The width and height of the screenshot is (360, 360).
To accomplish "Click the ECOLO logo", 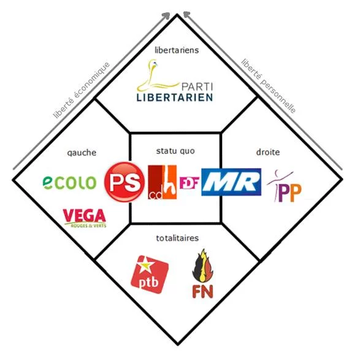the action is [x=69, y=183].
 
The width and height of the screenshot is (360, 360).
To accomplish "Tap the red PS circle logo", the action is [x=124, y=182].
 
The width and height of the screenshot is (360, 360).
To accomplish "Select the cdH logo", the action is [x=163, y=182].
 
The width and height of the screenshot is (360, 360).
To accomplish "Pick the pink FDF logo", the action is [x=189, y=183].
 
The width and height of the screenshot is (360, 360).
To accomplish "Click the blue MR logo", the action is [x=231, y=182].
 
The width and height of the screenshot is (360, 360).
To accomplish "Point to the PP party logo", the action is [x=284, y=186].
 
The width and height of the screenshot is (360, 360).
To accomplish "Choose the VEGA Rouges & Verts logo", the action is [x=85, y=218].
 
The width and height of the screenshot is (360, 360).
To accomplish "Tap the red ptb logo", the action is [x=150, y=274].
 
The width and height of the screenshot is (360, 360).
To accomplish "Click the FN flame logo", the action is [x=203, y=274].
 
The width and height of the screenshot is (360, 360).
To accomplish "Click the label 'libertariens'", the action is [x=177, y=50].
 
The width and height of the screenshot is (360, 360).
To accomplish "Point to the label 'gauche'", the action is [x=82, y=153].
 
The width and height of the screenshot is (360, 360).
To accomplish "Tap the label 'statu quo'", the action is [x=175, y=151].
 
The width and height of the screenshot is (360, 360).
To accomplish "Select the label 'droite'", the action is [x=268, y=152].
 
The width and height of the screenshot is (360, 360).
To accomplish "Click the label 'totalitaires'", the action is [x=177, y=238].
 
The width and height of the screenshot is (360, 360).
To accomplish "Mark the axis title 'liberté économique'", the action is [x=82, y=90].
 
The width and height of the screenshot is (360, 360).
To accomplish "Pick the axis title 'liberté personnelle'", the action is [x=269, y=86].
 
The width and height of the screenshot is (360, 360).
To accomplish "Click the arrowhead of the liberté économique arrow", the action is [x=166, y=15].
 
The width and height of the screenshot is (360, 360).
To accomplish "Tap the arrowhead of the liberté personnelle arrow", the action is [x=186, y=14].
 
